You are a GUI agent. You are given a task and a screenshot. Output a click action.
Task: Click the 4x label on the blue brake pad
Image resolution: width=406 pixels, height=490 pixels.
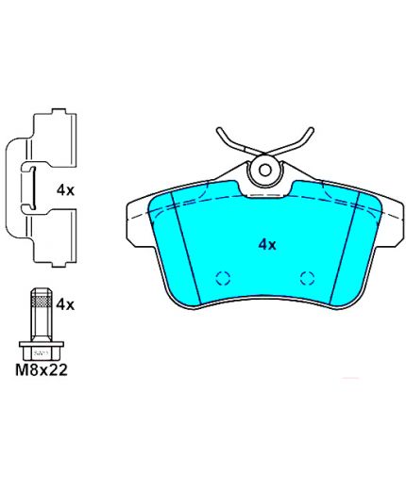[x=267, y=244]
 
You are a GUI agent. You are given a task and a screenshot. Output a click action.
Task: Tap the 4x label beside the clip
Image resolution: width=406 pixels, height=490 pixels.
[x=65, y=190]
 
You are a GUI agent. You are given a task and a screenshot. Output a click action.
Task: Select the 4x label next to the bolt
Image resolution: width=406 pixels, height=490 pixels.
[x=65, y=304]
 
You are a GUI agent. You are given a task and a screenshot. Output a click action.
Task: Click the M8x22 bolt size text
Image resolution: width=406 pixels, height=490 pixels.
[x=42, y=370]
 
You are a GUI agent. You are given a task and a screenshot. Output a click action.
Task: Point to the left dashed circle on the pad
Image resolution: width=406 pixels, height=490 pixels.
[x=223, y=278]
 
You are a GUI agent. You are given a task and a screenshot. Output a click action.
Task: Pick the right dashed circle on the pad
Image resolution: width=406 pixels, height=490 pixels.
[x=307, y=278]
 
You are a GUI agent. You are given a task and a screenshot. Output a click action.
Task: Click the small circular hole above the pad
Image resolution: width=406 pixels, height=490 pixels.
[x=265, y=170]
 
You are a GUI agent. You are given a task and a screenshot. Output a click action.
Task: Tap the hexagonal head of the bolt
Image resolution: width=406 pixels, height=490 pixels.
[x=42, y=351]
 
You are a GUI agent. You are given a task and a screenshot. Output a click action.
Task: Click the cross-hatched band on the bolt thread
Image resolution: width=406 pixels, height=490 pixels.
[x=41, y=301]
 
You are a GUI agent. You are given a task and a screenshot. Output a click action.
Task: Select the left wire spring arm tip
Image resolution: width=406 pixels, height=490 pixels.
[x=220, y=129]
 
